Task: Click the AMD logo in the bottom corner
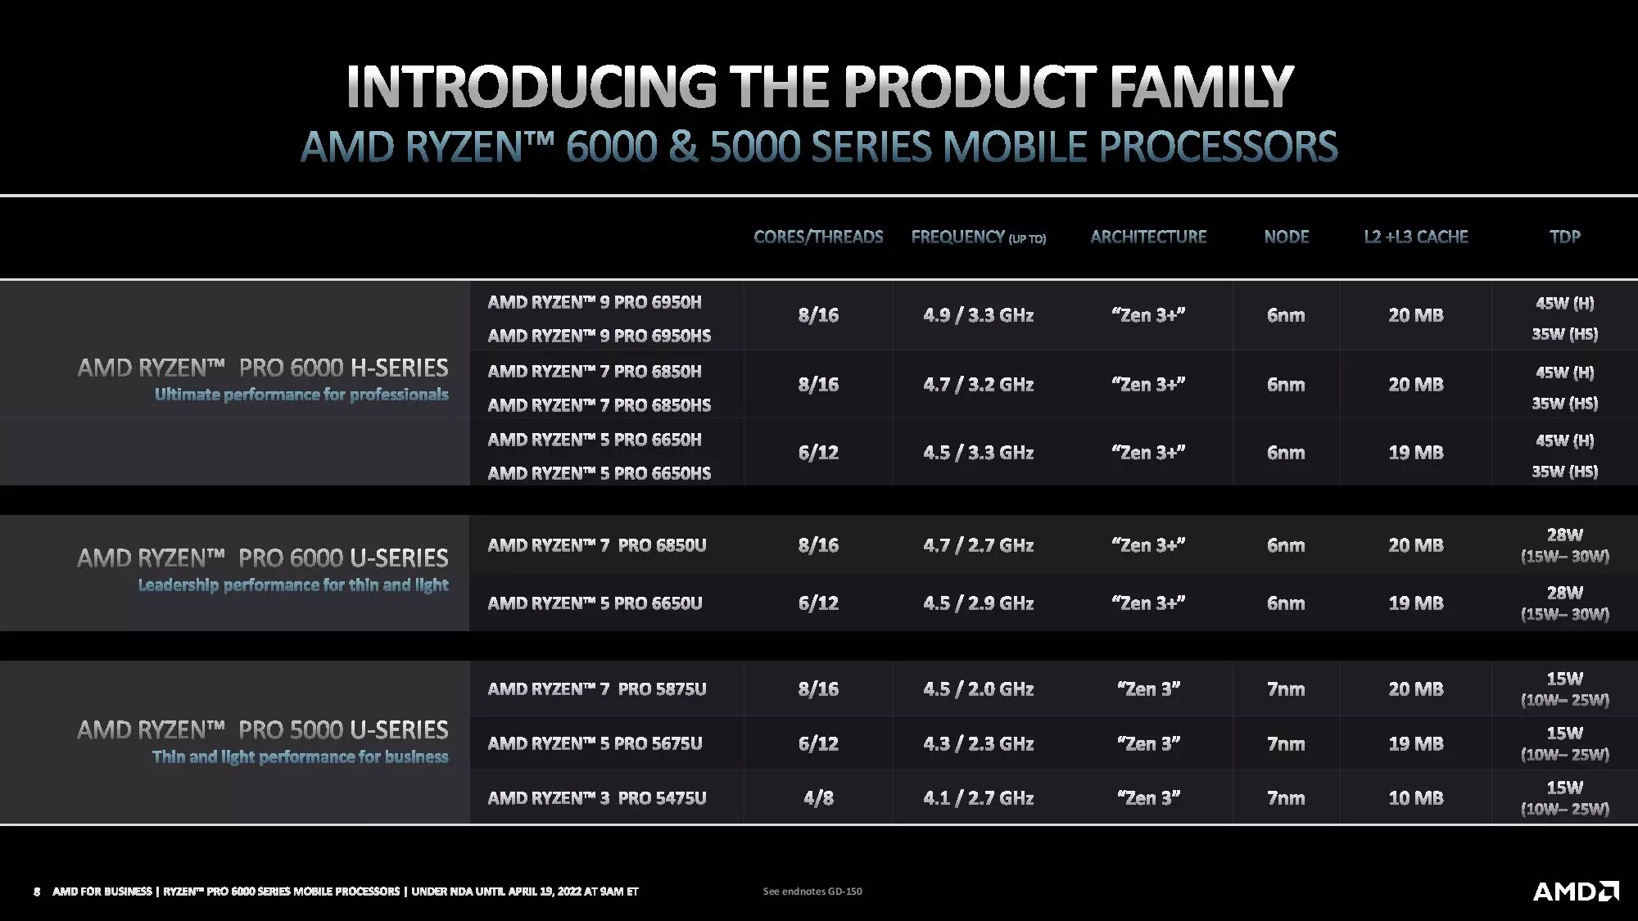[x=1576, y=891]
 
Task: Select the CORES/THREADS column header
[x=818, y=237]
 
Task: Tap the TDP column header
[x=1564, y=237]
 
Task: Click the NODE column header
[x=1286, y=237]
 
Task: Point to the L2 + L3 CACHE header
[x=1415, y=237]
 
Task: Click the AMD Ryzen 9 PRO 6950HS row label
[x=600, y=336]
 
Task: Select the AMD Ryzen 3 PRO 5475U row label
[x=597, y=798]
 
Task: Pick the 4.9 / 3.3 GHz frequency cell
[x=978, y=315]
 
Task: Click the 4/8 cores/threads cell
[x=818, y=798]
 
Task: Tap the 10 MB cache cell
[x=1415, y=798]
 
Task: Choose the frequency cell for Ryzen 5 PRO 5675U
[x=978, y=744]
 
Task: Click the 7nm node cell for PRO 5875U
[x=1286, y=689]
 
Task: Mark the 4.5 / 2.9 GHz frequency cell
[x=978, y=603]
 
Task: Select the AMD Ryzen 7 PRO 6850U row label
[x=597, y=545]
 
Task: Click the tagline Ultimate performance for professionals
[x=301, y=395]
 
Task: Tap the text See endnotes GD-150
[x=812, y=891]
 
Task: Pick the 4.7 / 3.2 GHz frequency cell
[x=978, y=385]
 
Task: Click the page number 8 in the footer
[x=37, y=891]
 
